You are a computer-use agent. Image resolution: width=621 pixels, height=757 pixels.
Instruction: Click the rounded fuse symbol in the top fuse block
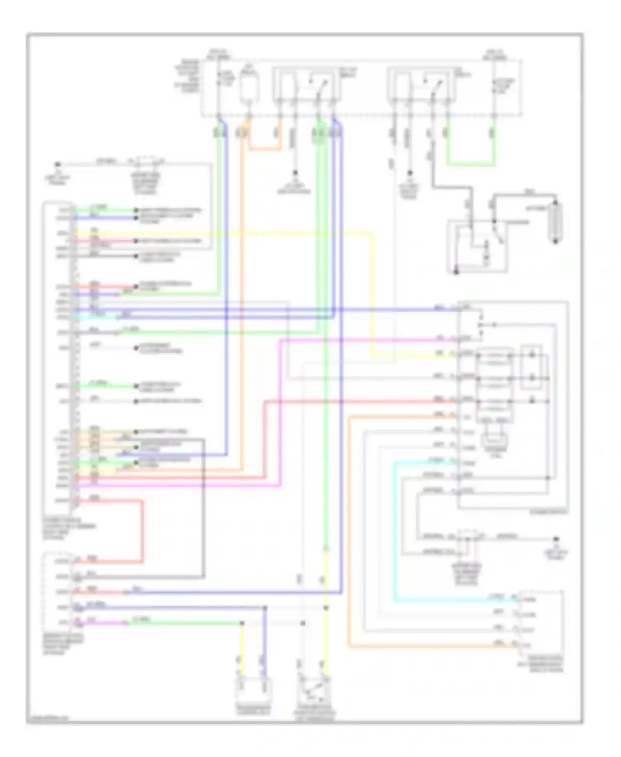[x=249, y=88]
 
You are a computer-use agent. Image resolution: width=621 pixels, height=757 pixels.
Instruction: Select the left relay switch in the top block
[x=306, y=85]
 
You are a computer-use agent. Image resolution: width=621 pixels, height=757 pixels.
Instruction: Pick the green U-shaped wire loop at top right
[x=471, y=165]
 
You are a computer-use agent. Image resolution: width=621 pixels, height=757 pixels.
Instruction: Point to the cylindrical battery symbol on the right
[x=556, y=222]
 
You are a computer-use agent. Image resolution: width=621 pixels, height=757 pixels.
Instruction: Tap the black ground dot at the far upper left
[x=58, y=164]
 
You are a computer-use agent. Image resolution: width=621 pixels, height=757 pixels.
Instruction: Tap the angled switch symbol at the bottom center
[x=314, y=689]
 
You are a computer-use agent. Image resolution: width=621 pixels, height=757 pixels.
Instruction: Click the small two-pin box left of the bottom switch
[x=253, y=689]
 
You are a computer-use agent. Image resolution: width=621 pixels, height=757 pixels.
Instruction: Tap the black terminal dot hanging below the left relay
[x=295, y=172]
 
